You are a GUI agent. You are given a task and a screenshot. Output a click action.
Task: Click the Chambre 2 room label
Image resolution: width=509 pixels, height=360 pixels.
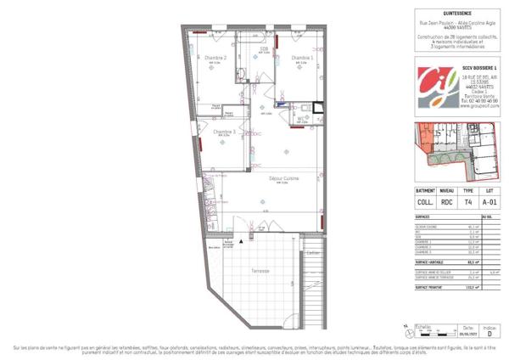[215, 58]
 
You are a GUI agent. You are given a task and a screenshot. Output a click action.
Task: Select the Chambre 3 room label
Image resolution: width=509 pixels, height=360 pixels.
[224, 132]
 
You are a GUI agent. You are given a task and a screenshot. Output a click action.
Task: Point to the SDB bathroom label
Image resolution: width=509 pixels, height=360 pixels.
[264, 48]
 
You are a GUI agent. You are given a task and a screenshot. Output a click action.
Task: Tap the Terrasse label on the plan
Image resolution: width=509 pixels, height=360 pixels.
[261, 271]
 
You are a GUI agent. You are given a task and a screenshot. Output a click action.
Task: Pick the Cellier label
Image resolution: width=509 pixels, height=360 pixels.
[313, 252]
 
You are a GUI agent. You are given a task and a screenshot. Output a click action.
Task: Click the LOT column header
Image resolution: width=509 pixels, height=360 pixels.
[491, 191]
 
